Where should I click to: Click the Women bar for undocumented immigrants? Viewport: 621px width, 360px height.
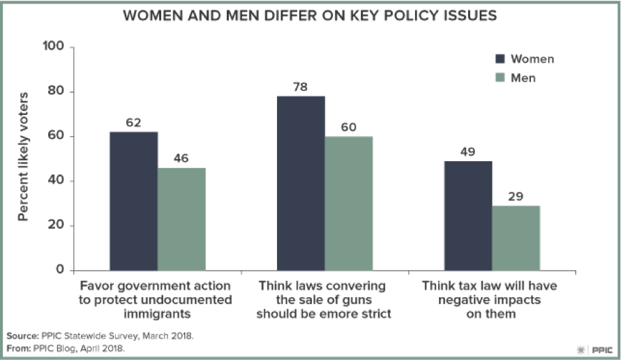[x=133, y=201]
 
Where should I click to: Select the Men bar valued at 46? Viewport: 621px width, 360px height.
[x=181, y=219]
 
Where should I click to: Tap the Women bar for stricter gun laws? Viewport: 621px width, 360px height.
[x=301, y=183]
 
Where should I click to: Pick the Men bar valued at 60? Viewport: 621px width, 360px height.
[x=349, y=203]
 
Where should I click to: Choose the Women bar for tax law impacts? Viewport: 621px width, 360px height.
[x=468, y=216]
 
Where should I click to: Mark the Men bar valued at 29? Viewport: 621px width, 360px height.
[x=516, y=238]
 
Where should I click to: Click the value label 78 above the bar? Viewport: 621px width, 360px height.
[x=301, y=87]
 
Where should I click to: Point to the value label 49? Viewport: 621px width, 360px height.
[x=468, y=152]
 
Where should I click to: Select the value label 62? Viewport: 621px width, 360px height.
[x=133, y=123]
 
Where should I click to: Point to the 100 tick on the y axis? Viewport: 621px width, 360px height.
[x=54, y=47]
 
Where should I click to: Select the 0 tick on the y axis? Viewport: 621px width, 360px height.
[x=60, y=270]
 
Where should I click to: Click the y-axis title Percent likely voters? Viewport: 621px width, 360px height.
[x=22, y=156]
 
